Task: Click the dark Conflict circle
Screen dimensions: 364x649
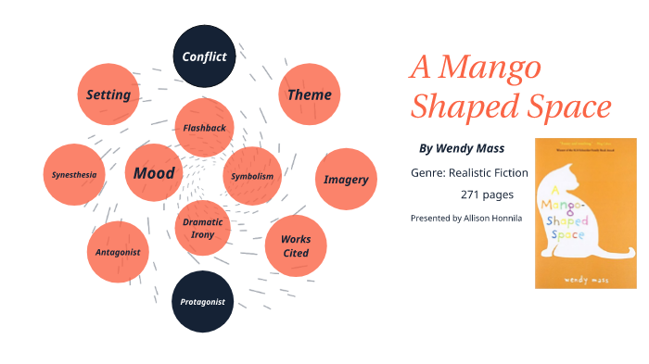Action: coord(204,56)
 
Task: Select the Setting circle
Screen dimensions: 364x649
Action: coord(108,94)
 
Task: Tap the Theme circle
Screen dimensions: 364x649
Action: coord(309,94)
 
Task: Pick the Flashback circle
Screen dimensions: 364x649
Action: coord(204,128)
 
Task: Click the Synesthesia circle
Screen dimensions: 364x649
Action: coord(74,174)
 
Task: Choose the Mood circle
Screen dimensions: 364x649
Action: coord(154,173)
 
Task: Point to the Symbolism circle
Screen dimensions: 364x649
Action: coord(252,176)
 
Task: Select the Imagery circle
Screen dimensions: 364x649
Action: coord(346,179)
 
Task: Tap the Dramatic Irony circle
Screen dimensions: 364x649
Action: coord(203,228)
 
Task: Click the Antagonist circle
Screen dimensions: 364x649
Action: coord(118,252)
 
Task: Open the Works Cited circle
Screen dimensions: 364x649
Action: coord(295,245)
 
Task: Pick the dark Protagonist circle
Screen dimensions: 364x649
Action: coord(203,301)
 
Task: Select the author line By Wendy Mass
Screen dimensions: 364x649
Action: coord(462,148)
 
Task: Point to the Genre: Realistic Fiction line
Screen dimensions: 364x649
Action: coord(469,172)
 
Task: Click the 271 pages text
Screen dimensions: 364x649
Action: coord(487,195)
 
